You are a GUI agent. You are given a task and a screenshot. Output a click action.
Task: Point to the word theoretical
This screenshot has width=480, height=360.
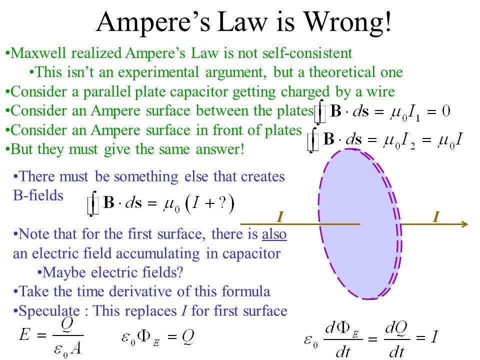coord(342,72)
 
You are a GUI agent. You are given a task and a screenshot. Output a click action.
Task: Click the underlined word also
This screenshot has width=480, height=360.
coord(274,234)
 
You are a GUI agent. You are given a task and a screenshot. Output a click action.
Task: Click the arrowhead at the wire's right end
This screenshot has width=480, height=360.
coord(464,224)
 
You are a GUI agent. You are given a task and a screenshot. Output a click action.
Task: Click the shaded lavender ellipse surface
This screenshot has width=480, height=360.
coord(358,224)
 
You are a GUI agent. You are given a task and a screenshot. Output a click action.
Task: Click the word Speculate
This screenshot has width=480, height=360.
coord(49,311)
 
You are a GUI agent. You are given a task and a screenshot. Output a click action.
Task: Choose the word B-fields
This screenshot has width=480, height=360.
coord(38,195)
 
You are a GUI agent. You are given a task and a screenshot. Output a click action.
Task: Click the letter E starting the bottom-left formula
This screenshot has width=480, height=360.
coord(25,334)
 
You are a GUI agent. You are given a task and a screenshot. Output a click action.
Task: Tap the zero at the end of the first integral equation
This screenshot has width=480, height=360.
coord(446,111)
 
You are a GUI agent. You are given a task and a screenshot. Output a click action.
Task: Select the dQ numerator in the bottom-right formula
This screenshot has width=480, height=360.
coord(396,328)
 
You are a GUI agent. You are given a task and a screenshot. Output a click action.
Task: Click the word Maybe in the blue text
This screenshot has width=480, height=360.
coord(63,272)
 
